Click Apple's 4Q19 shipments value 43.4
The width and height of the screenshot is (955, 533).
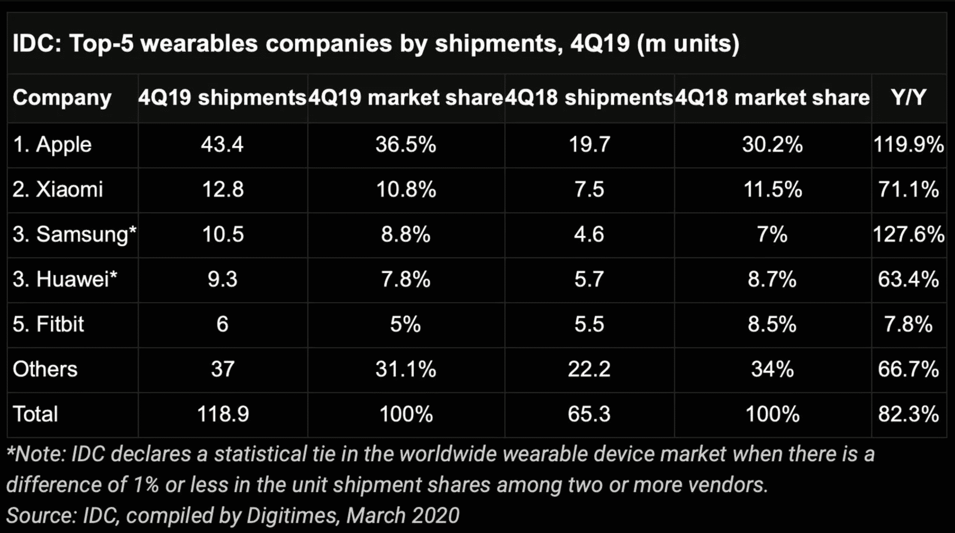pyautogui.click(x=222, y=144)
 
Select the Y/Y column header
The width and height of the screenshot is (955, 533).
pyautogui.click(x=909, y=98)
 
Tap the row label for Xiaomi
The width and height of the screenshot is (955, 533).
pyautogui.click(x=58, y=189)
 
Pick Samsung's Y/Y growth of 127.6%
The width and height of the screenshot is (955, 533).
pyautogui.click(x=909, y=234)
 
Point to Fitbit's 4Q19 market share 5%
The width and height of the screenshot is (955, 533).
pyautogui.click(x=406, y=324)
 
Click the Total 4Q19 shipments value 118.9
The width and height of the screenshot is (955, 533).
pyautogui.click(x=223, y=414)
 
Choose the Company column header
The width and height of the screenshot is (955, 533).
pyautogui.click(x=62, y=98)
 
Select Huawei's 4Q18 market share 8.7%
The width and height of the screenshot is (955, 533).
pyautogui.click(x=772, y=279)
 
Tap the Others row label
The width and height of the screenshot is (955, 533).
pyautogui.click(x=45, y=369)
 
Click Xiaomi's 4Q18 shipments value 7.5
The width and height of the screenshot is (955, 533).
pyautogui.click(x=589, y=189)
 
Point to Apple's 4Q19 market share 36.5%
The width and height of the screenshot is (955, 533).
pyautogui.click(x=406, y=144)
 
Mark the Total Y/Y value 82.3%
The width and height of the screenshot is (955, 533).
pyautogui.click(x=909, y=414)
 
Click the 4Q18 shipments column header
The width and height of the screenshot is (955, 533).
pyautogui.click(x=589, y=98)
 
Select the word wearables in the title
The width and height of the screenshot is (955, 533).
pyautogui.click(x=199, y=43)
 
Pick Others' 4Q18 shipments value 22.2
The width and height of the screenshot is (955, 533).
pyautogui.click(x=589, y=369)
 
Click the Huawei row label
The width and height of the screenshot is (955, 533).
pyautogui.click(x=65, y=279)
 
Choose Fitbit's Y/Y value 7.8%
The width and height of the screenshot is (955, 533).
pyautogui.click(x=909, y=324)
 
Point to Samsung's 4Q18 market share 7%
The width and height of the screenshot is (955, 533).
pyautogui.click(x=772, y=234)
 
